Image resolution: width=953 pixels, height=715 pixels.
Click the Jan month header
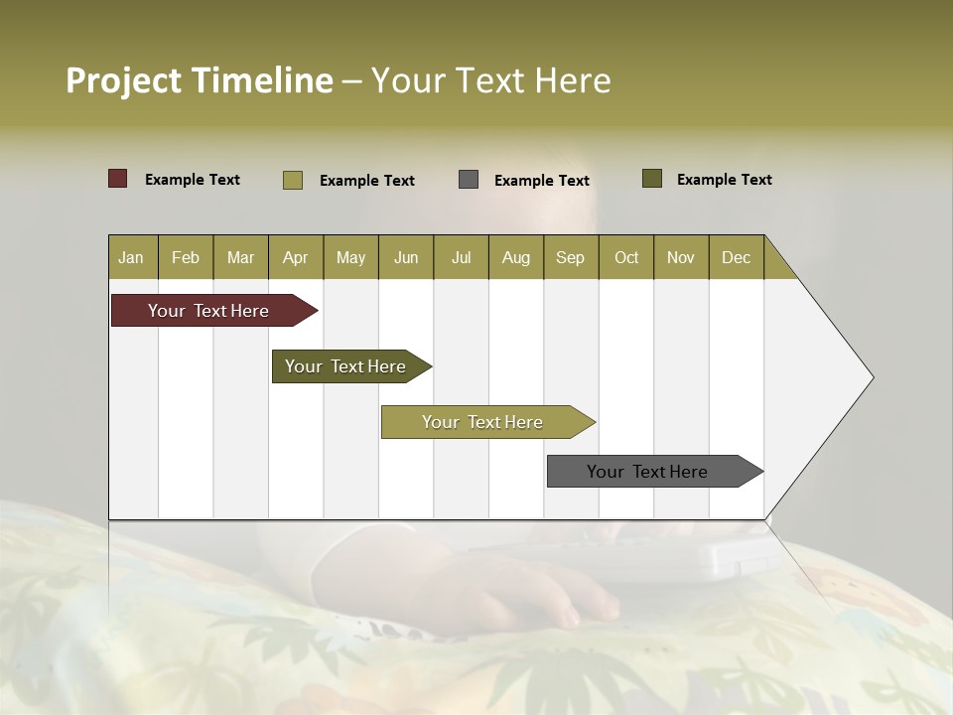(131, 257)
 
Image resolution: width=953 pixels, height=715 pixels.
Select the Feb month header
(186, 257)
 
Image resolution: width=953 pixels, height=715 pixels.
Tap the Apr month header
(295, 257)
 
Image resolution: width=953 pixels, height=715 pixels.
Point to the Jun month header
(406, 257)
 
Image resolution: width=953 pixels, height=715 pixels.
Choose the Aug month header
(515, 257)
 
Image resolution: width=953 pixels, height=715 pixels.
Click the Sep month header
(570, 257)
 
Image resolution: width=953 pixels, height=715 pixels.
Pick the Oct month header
(626, 257)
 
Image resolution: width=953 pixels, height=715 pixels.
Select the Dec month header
(736, 257)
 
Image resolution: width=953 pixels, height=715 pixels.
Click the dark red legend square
(118, 179)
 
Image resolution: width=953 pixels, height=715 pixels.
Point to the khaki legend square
(293, 180)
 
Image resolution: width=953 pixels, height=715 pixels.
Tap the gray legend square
(469, 180)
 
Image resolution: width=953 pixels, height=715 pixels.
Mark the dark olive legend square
(652, 179)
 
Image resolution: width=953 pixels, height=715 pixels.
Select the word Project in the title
(124, 80)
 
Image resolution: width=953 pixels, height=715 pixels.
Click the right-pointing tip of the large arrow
(870, 377)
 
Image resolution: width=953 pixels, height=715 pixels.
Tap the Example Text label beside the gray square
(541, 180)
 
